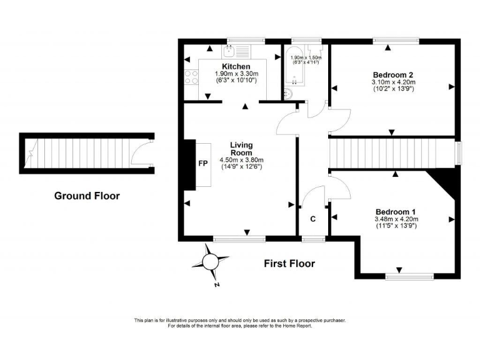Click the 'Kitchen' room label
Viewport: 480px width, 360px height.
236,66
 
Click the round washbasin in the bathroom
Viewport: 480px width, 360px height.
289,94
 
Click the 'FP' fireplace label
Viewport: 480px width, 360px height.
202,164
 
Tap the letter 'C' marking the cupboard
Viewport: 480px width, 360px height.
312,219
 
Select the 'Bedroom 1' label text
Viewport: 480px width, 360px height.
396,211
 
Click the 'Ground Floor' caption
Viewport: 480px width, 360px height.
87,196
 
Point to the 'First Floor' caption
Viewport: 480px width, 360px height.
289,263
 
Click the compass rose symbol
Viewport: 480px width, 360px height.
211,261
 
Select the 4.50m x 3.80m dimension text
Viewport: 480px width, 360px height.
241,160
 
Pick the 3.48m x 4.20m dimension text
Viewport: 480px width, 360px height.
396,219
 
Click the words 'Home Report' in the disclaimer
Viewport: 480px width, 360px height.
297,326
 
